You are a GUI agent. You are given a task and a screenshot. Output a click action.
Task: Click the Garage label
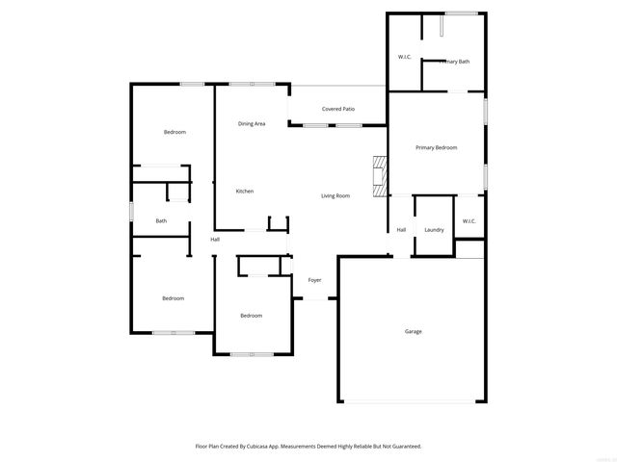click(413, 331)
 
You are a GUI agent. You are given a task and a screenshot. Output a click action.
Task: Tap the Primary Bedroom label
click(436, 147)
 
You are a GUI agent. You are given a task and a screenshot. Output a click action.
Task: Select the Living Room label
click(335, 196)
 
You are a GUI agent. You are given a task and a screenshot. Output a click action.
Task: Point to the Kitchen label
click(245, 192)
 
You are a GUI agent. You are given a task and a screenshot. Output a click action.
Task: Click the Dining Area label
click(252, 124)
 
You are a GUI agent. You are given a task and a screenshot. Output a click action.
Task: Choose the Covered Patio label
click(338, 109)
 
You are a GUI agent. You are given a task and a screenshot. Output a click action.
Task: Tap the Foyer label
click(314, 280)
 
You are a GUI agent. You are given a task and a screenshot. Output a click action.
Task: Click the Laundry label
click(434, 230)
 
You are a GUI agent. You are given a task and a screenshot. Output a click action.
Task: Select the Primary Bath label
click(454, 62)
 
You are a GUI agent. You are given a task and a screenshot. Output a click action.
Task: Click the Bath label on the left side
click(161, 221)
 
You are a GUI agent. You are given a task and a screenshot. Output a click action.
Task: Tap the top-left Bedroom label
click(174, 132)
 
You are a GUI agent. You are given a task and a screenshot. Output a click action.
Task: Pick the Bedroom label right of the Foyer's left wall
click(251, 316)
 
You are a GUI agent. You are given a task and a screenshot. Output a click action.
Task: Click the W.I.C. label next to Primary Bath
click(405, 57)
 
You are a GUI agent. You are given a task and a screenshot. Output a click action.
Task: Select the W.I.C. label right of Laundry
click(469, 221)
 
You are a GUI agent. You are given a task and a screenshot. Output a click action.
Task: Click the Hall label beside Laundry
click(401, 230)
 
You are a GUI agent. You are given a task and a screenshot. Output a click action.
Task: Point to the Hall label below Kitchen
click(215, 240)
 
